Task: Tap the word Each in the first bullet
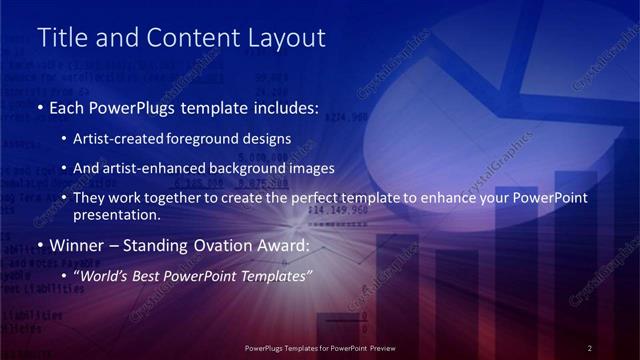click(68, 108)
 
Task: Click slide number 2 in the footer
click(590, 348)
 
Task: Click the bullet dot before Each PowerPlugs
click(40, 108)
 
